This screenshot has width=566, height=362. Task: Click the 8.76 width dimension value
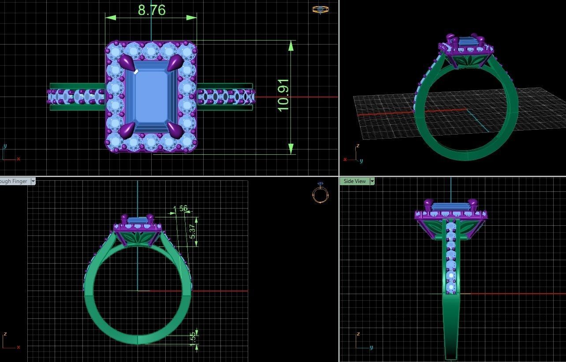(152, 10)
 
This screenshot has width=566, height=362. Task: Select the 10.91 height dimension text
(283, 95)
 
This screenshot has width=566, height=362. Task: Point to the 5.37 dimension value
(192, 231)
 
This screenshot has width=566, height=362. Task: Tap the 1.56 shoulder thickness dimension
(180, 209)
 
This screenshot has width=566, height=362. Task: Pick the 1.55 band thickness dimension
(193, 339)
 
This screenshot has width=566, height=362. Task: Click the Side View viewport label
(354, 181)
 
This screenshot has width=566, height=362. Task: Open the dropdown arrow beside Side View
(372, 181)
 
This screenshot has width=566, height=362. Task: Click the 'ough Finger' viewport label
(14, 181)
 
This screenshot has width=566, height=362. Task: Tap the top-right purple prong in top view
(175, 63)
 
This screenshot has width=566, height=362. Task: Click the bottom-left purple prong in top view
(126, 130)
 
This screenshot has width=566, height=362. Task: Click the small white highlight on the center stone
(136, 71)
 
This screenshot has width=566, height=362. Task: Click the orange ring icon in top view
(320, 9)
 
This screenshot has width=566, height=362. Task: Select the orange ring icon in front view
(320, 194)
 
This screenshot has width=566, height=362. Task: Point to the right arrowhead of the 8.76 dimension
(192, 18)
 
